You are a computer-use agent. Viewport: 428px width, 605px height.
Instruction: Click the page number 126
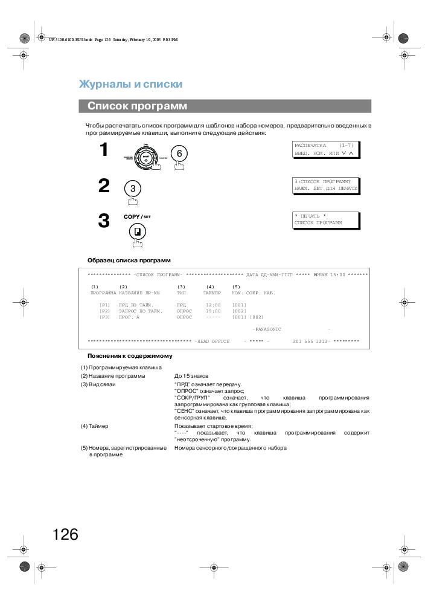[65, 534]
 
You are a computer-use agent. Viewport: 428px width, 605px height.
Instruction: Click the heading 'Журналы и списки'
[130, 84]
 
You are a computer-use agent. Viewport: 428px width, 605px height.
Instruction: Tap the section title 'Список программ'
[137, 106]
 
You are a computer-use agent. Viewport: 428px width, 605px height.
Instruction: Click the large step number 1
[104, 150]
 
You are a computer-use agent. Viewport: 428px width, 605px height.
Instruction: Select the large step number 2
[104, 186]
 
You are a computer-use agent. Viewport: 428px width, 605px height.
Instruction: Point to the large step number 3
[104, 221]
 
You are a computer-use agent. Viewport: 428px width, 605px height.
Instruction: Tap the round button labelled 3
[132, 188]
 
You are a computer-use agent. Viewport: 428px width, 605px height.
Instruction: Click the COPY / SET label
[137, 215]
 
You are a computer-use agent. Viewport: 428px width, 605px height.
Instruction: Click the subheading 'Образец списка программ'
[129, 260]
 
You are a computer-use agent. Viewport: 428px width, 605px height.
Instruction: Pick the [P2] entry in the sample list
[105, 311]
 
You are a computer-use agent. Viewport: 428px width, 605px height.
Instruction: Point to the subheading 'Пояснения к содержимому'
[130, 355]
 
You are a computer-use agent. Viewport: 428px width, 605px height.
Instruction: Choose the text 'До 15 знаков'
[191, 376]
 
